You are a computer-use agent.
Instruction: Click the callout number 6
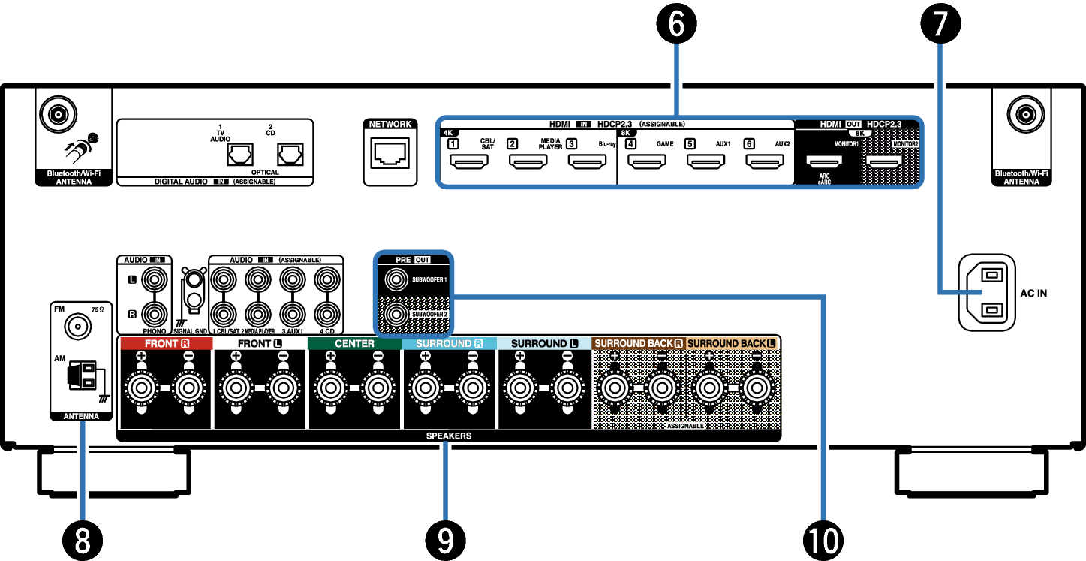click(x=676, y=25)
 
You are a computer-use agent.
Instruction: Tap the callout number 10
click(x=823, y=539)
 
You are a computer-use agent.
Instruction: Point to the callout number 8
click(x=82, y=539)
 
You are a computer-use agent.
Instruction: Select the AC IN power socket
click(x=986, y=292)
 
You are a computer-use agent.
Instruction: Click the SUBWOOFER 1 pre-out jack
click(x=396, y=281)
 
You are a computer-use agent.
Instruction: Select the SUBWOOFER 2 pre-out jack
click(x=396, y=313)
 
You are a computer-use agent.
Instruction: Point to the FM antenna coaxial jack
click(x=75, y=327)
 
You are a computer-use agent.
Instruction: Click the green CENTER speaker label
click(x=354, y=344)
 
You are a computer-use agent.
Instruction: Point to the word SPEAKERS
click(x=449, y=436)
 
